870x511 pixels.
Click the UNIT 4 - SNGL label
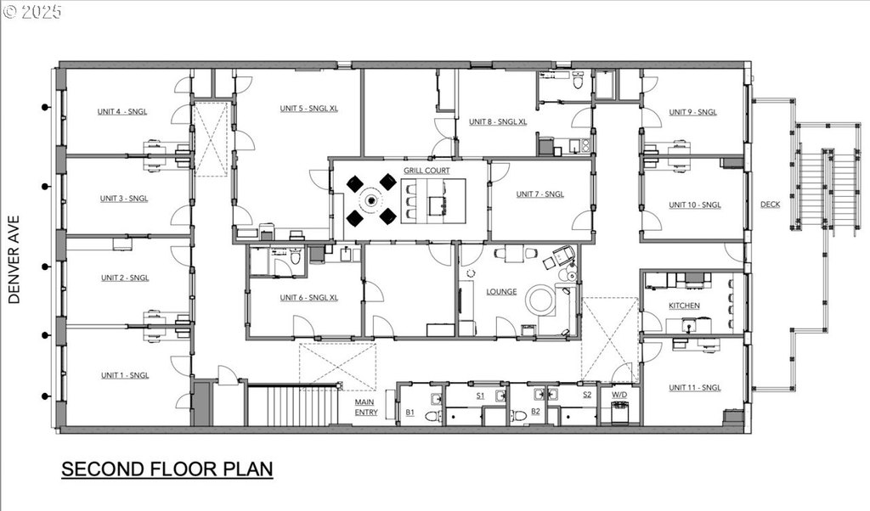point(122,111)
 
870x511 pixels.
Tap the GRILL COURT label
point(427,171)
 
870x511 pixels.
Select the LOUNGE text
point(501,291)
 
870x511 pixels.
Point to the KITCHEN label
point(684,306)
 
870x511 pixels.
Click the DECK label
point(770,205)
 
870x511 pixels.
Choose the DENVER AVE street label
point(14,260)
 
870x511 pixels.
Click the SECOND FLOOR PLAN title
point(167,469)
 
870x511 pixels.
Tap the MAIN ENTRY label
point(365,407)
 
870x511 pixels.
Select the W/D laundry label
point(619,395)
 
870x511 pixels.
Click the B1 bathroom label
point(410,413)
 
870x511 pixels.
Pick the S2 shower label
point(587,395)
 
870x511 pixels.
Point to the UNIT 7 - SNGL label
point(540,194)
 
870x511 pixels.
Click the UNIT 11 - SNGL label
point(695,387)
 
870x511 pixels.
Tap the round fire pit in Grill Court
point(370,199)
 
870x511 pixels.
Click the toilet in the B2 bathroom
point(519,415)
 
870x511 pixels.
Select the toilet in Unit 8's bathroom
point(578,81)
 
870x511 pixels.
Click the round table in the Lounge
point(540,300)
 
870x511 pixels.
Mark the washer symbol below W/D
point(619,413)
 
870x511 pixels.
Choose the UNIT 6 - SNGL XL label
point(309,298)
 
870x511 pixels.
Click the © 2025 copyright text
point(32,12)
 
